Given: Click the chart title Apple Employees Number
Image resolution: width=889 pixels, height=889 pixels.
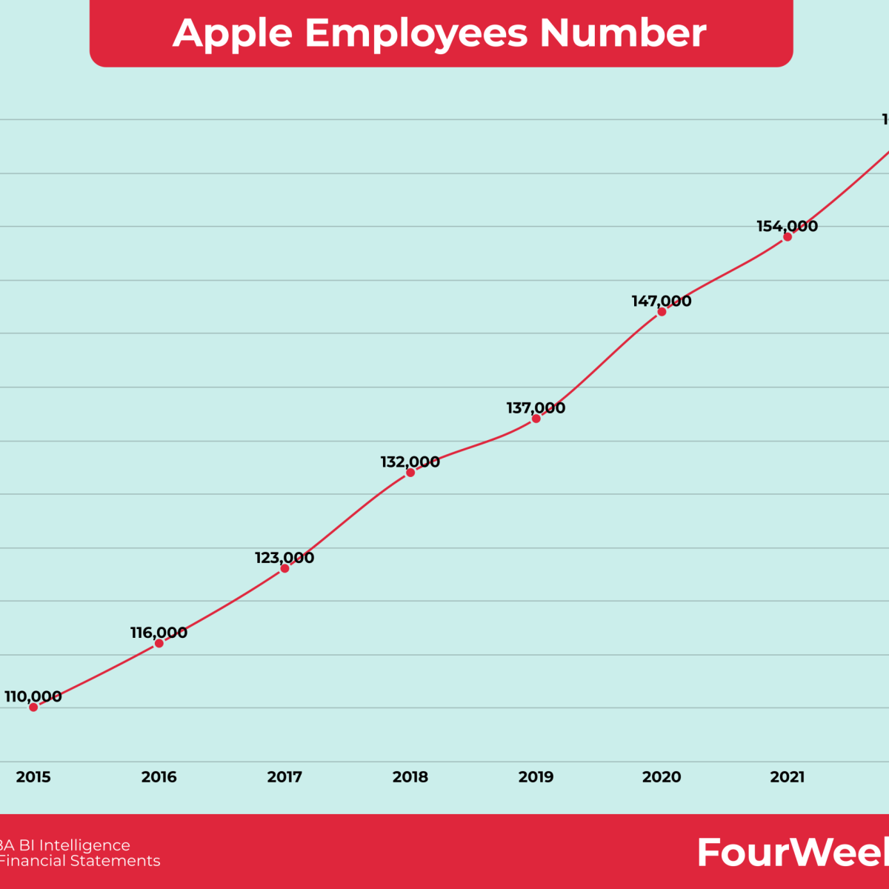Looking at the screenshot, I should (440, 33).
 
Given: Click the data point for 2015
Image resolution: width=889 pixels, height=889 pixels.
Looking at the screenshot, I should (33, 707).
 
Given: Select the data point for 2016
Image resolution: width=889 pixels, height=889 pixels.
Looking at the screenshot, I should (159, 643).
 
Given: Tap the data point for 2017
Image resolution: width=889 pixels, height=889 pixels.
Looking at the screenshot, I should (284, 568).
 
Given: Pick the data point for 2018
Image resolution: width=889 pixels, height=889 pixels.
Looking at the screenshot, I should (410, 473).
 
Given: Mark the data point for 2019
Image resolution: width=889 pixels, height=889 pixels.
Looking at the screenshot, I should (536, 419).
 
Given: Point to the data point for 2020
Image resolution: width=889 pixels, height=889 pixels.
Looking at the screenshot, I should (662, 312).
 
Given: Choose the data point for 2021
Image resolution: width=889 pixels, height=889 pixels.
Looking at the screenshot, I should (788, 237).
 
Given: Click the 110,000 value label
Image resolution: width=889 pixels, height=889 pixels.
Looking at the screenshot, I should (33, 696).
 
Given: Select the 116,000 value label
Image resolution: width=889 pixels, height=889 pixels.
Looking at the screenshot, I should (159, 633).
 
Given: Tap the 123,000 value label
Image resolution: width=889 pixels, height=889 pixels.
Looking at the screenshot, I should (284, 558).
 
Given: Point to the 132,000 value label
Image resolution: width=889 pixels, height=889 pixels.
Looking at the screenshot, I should (410, 462).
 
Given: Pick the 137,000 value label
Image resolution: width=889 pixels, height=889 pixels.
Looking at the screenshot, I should (536, 407).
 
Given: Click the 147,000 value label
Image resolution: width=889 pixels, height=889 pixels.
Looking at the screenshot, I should (662, 301).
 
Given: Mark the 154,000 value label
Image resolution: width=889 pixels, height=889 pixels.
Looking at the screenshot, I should (788, 226).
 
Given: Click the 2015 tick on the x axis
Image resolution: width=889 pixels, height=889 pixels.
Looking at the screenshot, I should (33, 777).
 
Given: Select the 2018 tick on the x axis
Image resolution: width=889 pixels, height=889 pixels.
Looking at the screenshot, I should (410, 777).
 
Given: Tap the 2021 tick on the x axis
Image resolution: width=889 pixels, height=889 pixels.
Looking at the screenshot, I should (788, 777).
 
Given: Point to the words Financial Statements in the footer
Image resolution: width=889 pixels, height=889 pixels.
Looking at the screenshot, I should (79, 861).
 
